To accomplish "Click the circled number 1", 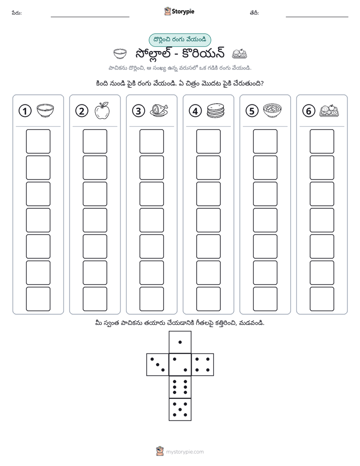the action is [25, 111].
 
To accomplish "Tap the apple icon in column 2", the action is [102, 110].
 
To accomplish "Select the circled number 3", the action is [139, 111].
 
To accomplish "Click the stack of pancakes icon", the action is [216, 110].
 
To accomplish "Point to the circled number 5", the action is [252, 111].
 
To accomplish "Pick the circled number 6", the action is [309, 111].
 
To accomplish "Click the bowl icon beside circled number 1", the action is [45, 110].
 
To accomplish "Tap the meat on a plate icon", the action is [159, 110].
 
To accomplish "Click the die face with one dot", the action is [180, 342].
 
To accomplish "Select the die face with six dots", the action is [180, 387].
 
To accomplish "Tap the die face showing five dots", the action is [180, 409].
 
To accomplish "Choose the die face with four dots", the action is [203, 364].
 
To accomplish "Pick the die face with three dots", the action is [158, 364].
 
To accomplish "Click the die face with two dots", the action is [180, 364].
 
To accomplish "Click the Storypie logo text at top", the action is [183, 12].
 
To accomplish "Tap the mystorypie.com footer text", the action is [185, 452].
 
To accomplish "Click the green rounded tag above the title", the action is [179, 40].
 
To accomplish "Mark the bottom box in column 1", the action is [38, 299].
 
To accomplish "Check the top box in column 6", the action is [322, 141].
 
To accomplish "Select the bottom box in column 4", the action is [209, 299].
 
